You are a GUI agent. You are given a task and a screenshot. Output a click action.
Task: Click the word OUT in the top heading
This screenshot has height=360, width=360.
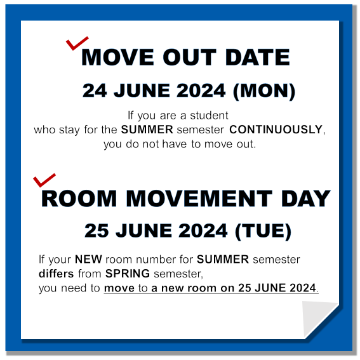[189, 57]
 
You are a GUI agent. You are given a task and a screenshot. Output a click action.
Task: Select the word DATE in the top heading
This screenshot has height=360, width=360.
[257, 57]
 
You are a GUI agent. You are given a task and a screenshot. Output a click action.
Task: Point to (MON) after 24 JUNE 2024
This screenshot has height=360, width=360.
[264, 91]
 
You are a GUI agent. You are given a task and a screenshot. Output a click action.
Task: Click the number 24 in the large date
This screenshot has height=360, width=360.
[95, 91]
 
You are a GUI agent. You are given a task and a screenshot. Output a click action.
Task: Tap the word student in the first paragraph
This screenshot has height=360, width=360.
[209, 116]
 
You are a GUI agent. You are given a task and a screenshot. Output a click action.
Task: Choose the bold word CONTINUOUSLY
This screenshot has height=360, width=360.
[276, 130]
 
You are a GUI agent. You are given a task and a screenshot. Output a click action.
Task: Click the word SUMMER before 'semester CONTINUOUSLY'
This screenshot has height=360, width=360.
[147, 130]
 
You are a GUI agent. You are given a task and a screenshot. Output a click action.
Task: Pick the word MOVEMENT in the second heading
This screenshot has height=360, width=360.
[199, 199]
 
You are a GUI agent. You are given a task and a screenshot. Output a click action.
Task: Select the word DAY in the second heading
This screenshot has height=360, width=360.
[305, 199]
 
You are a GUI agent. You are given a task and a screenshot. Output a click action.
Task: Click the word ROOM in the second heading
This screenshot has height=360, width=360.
[79, 199]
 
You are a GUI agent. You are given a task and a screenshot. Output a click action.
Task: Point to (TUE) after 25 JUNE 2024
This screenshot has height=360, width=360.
[263, 231]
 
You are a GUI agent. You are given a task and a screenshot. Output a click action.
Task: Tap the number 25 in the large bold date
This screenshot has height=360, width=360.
[97, 230]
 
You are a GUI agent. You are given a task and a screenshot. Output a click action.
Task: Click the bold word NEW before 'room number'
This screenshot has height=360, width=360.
[88, 260]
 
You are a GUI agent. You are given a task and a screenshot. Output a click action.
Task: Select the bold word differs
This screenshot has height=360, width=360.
[57, 274]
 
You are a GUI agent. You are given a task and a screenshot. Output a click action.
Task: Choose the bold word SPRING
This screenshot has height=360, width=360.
[128, 274]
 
